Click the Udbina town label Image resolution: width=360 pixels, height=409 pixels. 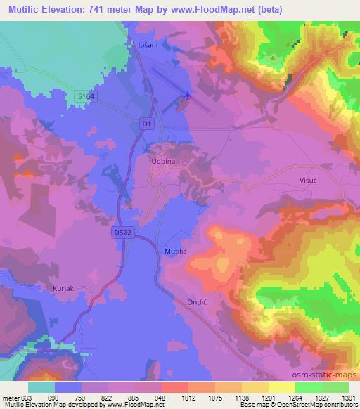(x=162, y=160)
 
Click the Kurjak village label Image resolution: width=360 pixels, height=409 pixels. (x=64, y=287)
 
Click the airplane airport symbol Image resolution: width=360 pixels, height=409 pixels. (x=187, y=96)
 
